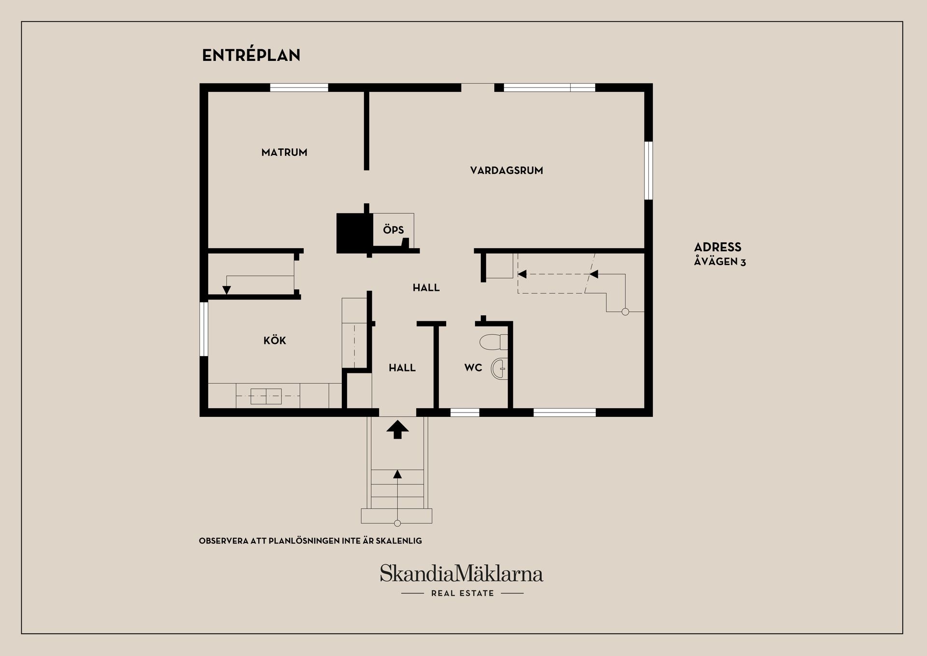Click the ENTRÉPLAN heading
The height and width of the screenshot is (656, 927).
[251, 56]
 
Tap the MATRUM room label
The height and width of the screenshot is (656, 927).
[284, 153]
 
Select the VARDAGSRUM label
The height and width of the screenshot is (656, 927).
[506, 171]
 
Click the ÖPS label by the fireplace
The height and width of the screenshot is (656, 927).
[393, 230]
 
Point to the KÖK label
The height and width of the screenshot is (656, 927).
[275, 341]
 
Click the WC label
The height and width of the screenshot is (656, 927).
[473, 368]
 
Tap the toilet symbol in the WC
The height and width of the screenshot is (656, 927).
[493, 342]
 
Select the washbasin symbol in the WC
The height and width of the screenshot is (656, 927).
[500, 370]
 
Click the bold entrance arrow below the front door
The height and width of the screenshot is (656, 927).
[397, 429]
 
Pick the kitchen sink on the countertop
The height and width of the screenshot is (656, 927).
[266, 396]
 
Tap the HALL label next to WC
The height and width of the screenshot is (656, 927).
[402, 368]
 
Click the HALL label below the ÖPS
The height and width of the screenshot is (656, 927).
[426, 288]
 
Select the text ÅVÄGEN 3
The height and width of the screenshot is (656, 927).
[720, 262]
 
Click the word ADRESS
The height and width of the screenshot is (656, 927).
[717, 247]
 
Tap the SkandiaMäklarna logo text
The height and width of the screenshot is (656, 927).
[462, 574]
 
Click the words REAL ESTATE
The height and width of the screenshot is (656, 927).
[463, 593]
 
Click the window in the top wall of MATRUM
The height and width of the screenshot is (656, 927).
[299, 88]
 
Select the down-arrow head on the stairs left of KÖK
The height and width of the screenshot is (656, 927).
[226, 290]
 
